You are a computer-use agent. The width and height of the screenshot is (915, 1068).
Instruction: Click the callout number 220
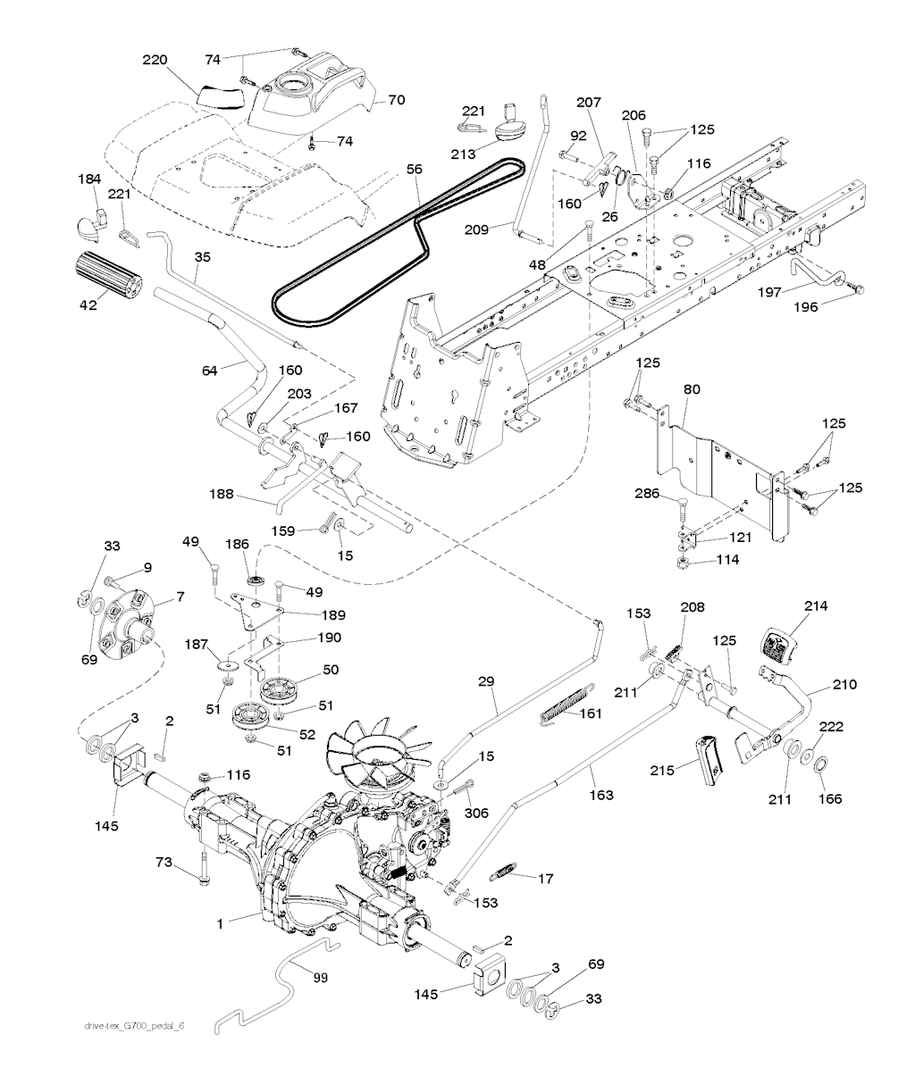[x=155, y=60]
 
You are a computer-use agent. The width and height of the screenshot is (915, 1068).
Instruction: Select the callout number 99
[x=320, y=978]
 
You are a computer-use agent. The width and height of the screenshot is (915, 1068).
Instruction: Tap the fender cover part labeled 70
[x=311, y=91]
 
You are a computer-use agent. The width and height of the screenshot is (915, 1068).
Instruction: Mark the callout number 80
[x=692, y=389]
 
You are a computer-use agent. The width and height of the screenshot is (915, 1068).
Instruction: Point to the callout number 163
[x=601, y=795]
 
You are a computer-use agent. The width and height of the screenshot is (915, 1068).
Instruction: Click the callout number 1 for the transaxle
[x=220, y=924]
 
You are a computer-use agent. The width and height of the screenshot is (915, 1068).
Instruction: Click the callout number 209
[x=476, y=229]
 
